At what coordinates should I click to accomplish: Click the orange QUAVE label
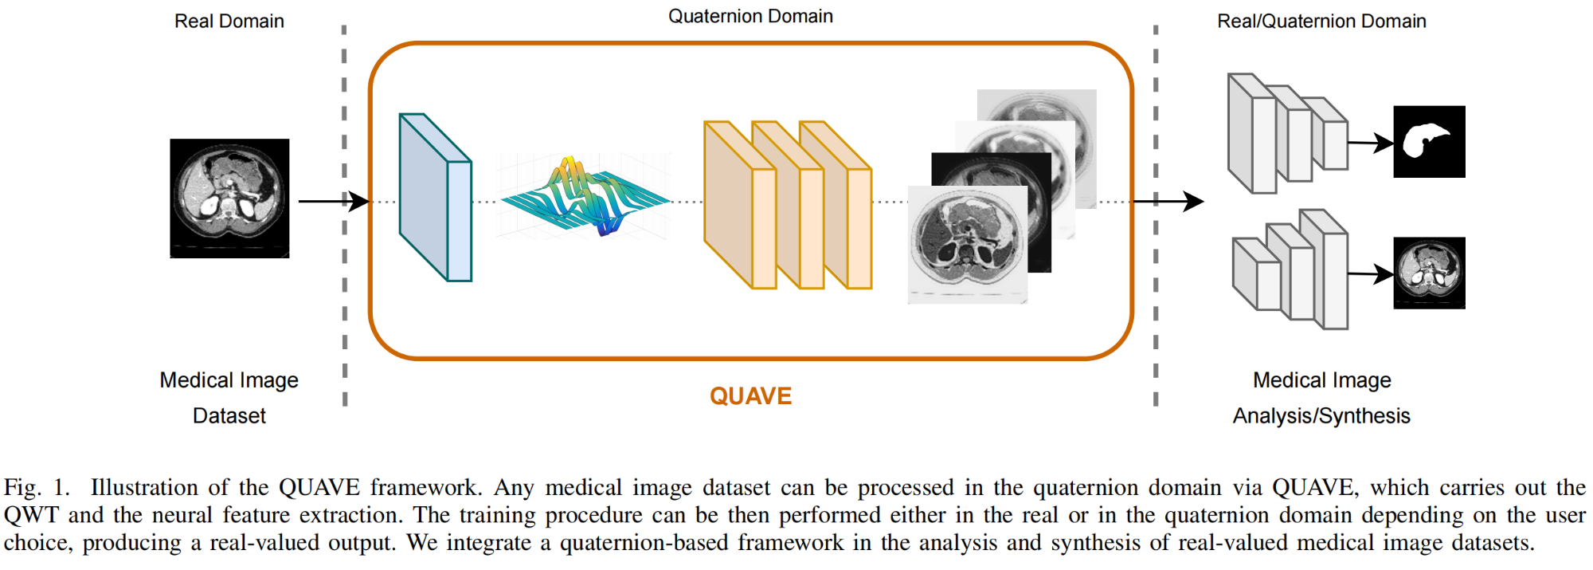coord(750,396)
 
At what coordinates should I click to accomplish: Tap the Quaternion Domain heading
coord(750,17)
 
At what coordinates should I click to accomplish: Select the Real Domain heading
coord(229,22)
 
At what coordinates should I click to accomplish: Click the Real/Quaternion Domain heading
coord(1321,22)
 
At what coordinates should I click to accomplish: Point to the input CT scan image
coord(229,199)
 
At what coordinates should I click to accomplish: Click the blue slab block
coord(435,198)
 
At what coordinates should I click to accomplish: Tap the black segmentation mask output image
coord(1429,142)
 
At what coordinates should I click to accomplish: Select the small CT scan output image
coord(1429,273)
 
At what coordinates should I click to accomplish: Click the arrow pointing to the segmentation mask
coord(1370,143)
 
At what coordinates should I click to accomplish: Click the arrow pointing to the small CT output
coord(1370,274)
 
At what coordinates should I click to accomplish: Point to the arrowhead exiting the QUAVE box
coord(1192,202)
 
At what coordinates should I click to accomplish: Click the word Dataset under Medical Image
coord(229,416)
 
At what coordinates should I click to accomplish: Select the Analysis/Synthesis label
coord(1321,416)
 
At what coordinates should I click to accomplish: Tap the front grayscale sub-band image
coord(967,245)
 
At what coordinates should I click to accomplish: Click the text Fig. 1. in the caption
coord(37,488)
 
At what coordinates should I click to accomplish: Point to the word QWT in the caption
coord(31,515)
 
